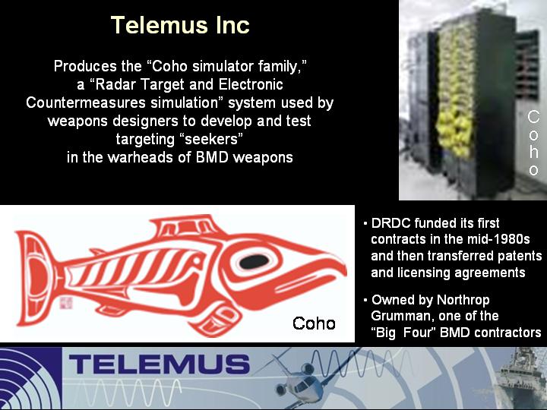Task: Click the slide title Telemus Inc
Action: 180,25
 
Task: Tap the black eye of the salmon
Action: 255,261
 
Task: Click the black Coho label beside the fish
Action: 314,323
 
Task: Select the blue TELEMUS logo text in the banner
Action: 159,364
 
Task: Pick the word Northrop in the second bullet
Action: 463,300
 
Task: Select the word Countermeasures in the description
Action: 86,102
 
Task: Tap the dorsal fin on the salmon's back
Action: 187,226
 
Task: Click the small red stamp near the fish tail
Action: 66,303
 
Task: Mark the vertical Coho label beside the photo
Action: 533,143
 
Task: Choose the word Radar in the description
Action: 115,84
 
